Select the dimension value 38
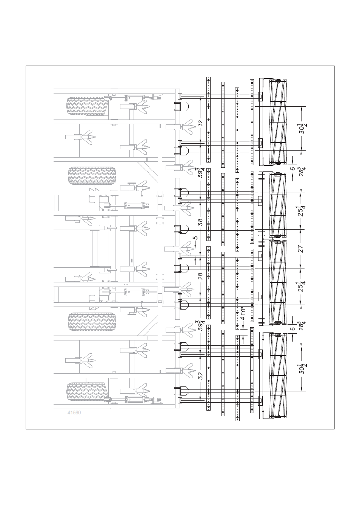[x=200, y=222]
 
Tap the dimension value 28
[x=200, y=276]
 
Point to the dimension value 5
[x=195, y=238]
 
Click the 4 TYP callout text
[x=243, y=314]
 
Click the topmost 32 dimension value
[x=200, y=123]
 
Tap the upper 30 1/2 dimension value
[x=303, y=129]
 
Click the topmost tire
[x=87, y=106]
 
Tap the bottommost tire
[x=87, y=392]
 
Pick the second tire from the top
[x=92, y=176]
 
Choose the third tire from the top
[x=92, y=322]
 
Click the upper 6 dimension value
[x=293, y=169]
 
